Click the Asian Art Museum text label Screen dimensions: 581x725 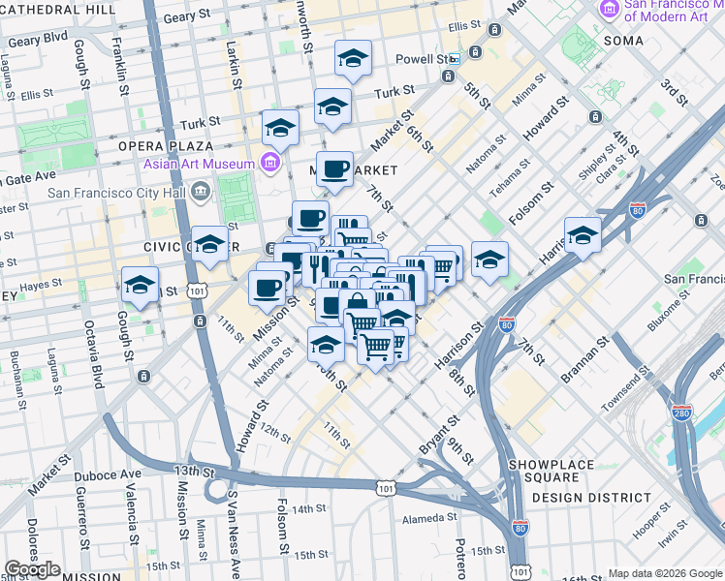[x=200, y=163]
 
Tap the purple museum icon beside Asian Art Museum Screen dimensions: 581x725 [x=270, y=162]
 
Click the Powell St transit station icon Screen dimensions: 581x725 [x=453, y=59]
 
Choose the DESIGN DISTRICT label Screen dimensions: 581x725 [x=592, y=497]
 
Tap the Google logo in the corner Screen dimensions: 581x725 [x=32, y=568]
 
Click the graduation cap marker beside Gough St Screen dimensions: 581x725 [x=141, y=286]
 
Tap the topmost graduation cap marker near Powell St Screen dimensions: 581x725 [x=353, y=59]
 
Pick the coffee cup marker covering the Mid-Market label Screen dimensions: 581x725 [x=334, y=168]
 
